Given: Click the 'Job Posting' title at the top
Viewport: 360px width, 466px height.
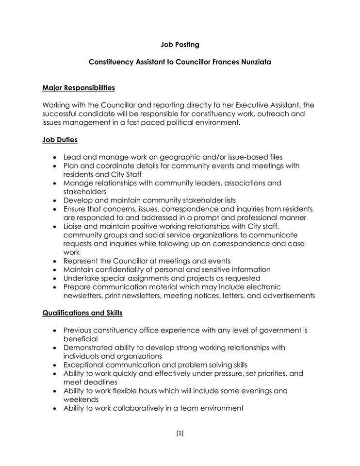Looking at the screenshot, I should [180, 45].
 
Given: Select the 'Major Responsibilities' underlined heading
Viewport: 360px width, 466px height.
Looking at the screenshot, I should [79, 88].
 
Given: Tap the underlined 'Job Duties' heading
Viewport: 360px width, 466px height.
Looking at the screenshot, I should [60, 140].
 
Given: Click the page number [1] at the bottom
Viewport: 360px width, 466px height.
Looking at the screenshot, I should [180, 433].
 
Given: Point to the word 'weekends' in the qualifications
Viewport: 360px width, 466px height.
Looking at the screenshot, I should [81, 399].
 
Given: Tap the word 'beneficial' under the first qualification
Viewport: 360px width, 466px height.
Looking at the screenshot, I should [81, 339].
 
